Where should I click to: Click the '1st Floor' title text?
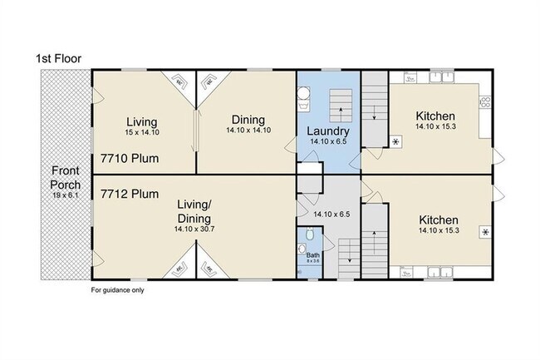[57, 58]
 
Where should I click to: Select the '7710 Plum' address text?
[130, 157]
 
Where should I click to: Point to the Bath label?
[312, 254]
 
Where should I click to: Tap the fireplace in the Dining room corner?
[210, 81]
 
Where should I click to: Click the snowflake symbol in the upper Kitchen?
[395, 142]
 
